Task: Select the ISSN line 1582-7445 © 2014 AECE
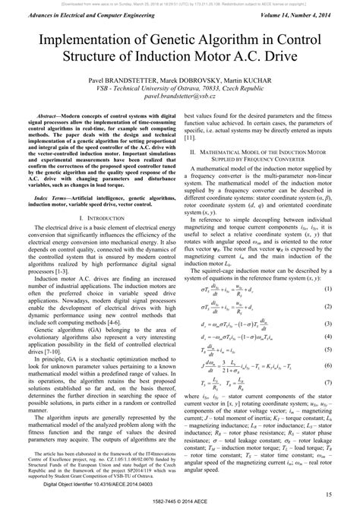(x=180, y=502)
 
